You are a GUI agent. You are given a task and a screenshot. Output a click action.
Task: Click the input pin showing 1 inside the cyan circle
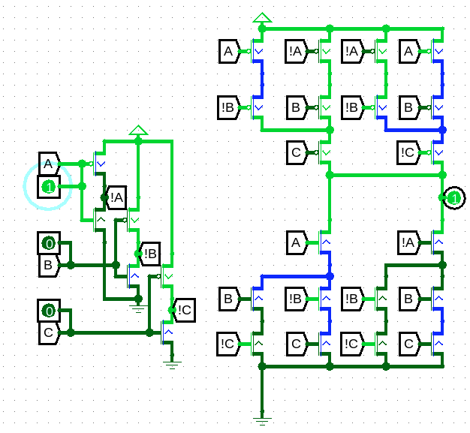click(x=49, y=188)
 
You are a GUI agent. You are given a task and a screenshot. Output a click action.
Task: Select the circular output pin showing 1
click(x=454, y=198)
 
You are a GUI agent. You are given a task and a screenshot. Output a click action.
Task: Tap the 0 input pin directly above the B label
click(x=49, y=243)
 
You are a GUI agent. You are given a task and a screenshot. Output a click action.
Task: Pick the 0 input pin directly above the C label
click(x=49, y=311)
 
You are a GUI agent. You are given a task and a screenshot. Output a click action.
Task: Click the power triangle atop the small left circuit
click(x=138, y=130)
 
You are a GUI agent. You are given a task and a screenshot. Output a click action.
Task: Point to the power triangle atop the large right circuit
click(x=262, y=17)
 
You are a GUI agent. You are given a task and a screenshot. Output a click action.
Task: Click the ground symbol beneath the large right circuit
click(x=262, y=421)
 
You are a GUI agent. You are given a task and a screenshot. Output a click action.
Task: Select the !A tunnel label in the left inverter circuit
click(x=116, y=198)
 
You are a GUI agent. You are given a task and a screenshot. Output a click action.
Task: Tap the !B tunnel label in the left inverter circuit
click(x=149, y=254)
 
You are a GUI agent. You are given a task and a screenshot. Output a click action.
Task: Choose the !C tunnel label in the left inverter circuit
click(x=183, y=310)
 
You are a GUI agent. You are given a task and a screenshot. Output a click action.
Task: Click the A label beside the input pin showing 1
click(x=50, y=164)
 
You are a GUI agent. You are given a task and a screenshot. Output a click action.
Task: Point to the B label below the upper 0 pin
click(x=50, y=265)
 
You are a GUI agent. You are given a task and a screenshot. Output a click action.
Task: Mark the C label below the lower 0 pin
click(x=50, y=332)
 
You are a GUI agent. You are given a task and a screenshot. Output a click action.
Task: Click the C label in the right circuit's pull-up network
click(x=297, y=152)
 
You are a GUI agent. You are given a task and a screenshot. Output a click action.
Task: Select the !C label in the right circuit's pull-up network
click(x=409, y=152)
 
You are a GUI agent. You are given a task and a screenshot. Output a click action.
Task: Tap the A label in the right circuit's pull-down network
click(x=297, y=242)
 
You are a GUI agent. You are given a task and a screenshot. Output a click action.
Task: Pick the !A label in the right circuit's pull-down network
click(x=409, y=242)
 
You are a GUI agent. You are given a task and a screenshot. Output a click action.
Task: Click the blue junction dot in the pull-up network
click(x=442, y=130)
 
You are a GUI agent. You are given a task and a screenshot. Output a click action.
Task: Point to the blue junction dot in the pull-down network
click(x=330, y=276)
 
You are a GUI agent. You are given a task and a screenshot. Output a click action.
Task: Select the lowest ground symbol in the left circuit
click(x=172, y=365)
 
